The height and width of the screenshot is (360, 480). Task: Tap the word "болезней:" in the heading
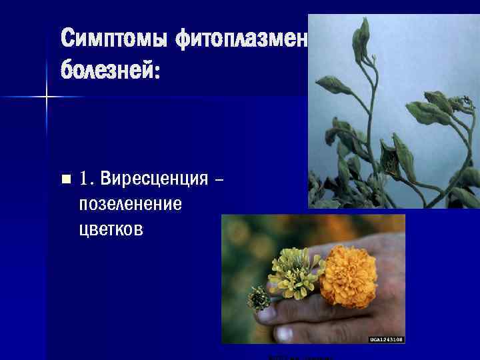[x=111, y=69]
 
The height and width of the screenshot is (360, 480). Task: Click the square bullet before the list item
[x=65, y=179]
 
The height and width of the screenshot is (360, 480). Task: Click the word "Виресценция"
[x=153, y=179]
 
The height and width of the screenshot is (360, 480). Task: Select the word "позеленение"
[x=130, y=204]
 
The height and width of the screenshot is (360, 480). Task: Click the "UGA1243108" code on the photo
[x=387, y=339]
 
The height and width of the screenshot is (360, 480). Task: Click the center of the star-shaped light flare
[x=46, y=97]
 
